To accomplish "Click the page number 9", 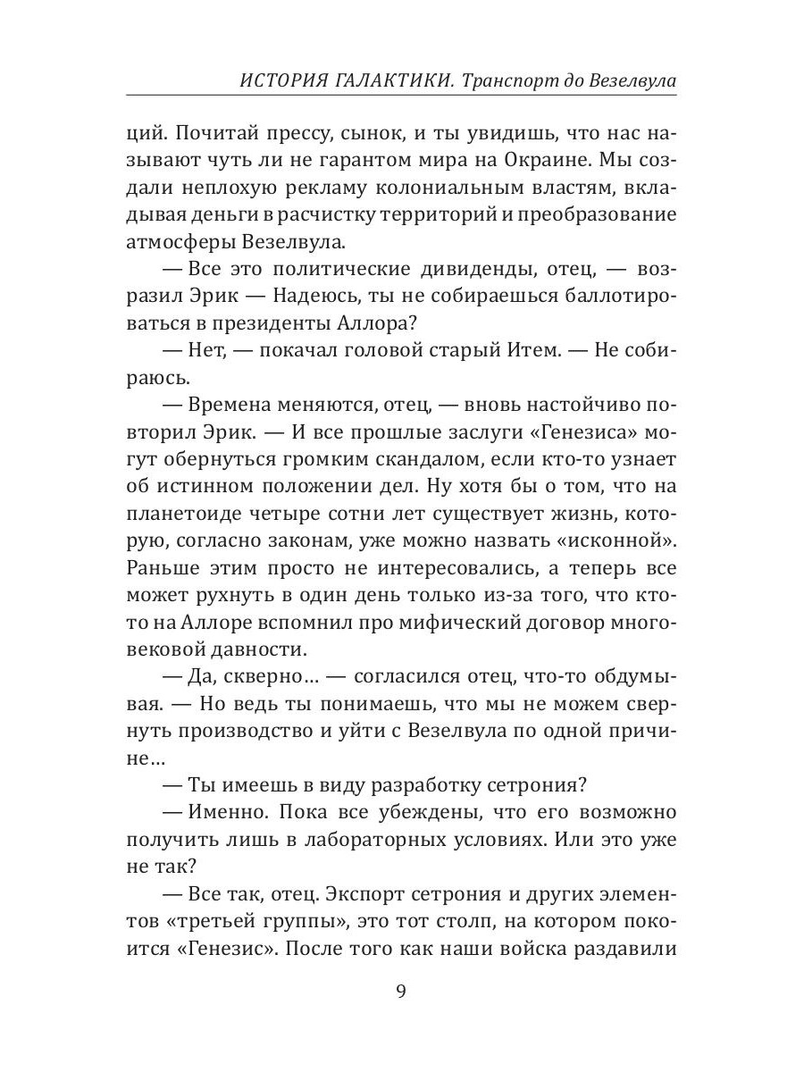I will click(x=401, y=992).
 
